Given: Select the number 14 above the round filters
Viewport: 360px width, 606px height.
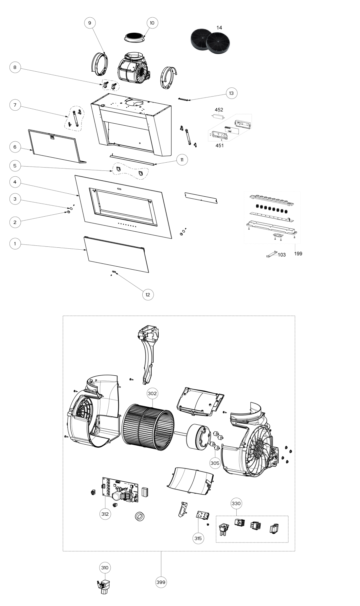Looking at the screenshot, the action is click(x=219, y=28).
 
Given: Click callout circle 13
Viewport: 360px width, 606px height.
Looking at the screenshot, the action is click(x=231, y=93).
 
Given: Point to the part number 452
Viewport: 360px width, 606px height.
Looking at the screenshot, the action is click(x=219, y=110).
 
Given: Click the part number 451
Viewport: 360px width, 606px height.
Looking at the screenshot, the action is click(x=219, y=145).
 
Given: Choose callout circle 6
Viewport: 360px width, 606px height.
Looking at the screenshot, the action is click(x=15, y=147).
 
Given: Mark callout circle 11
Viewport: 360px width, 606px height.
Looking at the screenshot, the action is click(x=182, y=160).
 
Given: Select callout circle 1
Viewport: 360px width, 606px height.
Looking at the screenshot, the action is click(x=15, y=244).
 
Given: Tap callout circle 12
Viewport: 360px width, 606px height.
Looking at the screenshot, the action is click(x=148, y=294).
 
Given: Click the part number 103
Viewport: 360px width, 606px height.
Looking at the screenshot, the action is click(x=282, y=255).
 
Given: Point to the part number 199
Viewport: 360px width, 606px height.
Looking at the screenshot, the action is click(x=298, y=254).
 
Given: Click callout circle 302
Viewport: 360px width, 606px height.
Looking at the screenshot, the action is click(x=152, y=394).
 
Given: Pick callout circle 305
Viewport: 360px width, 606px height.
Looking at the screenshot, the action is click(x=215, y=463).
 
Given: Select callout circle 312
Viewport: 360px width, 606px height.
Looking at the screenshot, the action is click(x=105, y=514).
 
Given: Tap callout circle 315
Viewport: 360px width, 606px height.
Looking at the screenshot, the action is click(x=198, y=538).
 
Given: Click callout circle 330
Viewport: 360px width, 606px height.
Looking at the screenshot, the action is click(x=236, y=503).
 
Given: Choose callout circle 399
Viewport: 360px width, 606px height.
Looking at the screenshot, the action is click(x=161, y=582).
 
